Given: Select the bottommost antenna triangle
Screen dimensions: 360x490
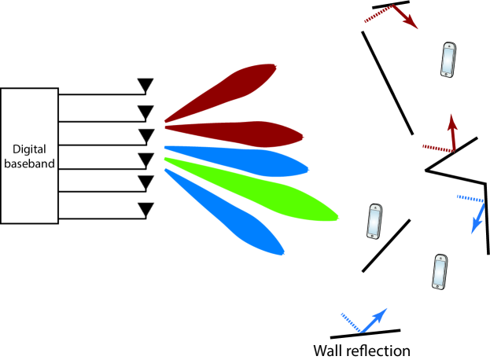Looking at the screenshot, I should click(146, 209).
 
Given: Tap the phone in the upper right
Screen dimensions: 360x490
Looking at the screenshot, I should click(448, 60).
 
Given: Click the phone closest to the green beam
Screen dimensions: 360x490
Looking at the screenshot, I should click(374, 221).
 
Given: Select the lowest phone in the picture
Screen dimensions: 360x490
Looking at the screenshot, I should click(439, 272).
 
